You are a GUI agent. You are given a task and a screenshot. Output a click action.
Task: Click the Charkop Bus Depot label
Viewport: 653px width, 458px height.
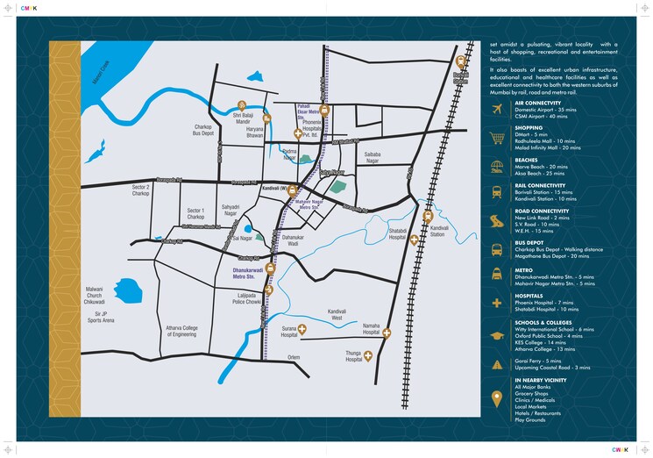tap(203, 131)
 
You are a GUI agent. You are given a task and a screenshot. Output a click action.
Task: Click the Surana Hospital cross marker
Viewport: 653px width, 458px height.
tap(302, 330)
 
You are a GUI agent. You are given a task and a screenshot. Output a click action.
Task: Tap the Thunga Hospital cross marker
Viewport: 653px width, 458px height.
tap(368, 355)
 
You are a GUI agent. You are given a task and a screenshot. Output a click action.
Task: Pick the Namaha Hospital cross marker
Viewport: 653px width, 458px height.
tap(387, 333)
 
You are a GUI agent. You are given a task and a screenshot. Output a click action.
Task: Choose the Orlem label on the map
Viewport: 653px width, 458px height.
tap(294, 357)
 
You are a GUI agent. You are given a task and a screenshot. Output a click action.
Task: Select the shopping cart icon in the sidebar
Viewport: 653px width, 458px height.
tap(497, 137)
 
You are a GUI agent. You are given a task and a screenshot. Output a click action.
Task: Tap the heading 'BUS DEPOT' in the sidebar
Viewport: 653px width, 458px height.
tap(529, 242)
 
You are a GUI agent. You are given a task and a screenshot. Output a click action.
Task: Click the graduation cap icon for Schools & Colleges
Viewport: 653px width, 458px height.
tap(497, 334)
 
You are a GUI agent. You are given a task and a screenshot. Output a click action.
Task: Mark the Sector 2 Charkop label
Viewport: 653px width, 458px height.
tap(141, 190)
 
